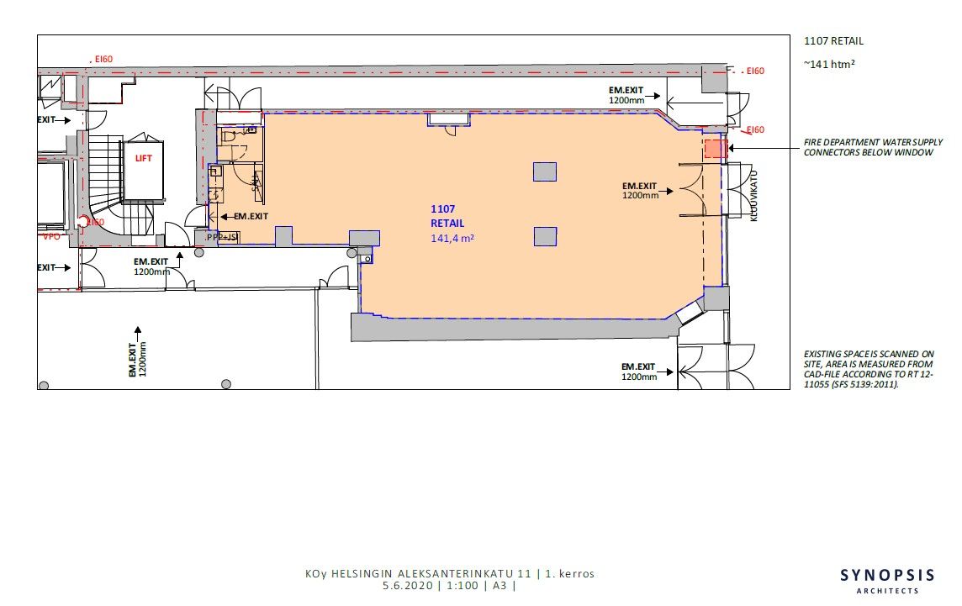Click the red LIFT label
pos(143,158)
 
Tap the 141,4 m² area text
pos(452,238)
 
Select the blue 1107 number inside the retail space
pos(443,209)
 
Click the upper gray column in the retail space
pos(545,171)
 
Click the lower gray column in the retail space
pos(545,236)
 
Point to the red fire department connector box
pos(715,149)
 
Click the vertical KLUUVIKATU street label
pos(754,196)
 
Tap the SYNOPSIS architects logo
pos(887,580)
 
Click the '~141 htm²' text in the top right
pos(829,64)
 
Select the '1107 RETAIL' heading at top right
pos(834,41)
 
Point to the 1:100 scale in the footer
pos(462,585)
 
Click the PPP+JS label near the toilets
pos(221,237)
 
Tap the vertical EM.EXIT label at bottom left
pos(137,360)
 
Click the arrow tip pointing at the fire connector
pos(729,149)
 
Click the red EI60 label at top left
pos(103,60)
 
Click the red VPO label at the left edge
pos(51,237)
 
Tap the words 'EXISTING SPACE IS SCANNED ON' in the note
pos(869,354)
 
